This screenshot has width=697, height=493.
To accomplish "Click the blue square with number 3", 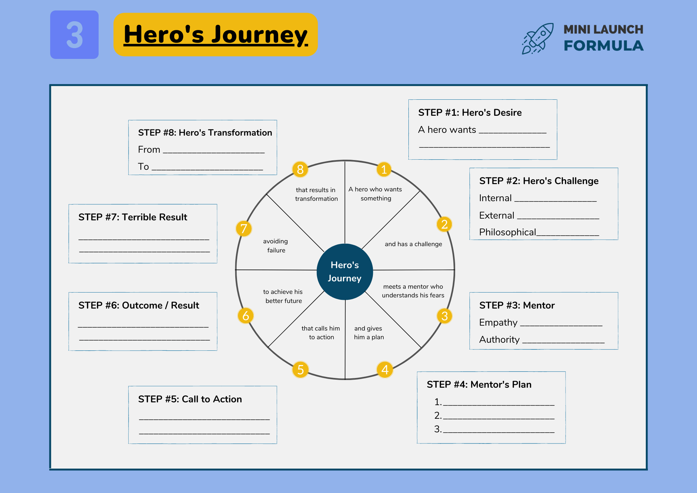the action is [x=74, y=35].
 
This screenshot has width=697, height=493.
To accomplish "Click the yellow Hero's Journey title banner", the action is [x=215, y=35].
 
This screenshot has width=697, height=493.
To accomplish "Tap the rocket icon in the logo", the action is [x=538, y=38].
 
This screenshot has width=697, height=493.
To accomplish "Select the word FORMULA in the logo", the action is [x=604, y=46].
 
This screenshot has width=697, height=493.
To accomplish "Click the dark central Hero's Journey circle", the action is [x=345, y=272].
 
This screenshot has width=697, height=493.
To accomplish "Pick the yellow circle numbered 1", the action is [x=384, y=169].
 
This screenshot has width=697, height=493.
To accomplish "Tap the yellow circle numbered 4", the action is [x=385, y=370].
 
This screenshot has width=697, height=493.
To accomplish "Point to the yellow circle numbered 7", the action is [x=244, y=229].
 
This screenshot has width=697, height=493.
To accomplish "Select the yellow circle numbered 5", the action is [x=300, y=370].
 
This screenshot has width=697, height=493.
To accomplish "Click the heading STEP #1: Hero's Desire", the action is [x=470, y=113].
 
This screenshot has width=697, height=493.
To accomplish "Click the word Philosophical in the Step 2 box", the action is [x=507, y=232].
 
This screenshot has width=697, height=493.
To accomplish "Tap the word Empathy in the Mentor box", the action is [x=498, y=323].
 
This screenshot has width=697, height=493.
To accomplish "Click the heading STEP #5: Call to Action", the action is [x=190, y=399].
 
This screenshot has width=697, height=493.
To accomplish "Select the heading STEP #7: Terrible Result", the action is [x=133, y=217].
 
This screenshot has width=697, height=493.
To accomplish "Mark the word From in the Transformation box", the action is [x=149, y=150].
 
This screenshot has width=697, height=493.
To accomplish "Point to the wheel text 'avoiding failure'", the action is [x=276, y=246].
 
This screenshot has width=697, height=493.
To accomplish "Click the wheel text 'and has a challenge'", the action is [x=413, y=244].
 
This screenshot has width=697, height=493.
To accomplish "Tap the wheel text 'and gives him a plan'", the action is [x=369, y=333].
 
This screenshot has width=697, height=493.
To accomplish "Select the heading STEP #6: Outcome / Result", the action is [x=139, y=305].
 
